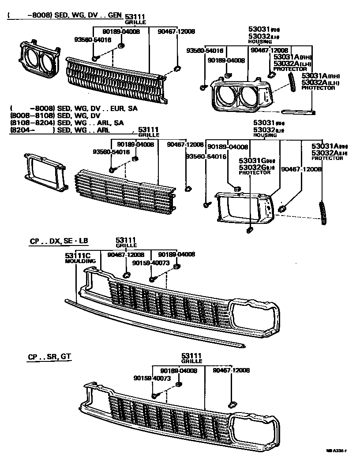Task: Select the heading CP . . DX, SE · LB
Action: [x=59, y=241]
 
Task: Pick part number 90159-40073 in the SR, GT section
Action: [x=151, y=378]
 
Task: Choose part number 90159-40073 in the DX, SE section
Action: [x=150, y=263]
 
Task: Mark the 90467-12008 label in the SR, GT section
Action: [x=231, y=371]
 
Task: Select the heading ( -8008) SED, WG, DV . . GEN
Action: [x=64, y=15]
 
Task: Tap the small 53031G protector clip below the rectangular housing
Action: [x=248, y=230]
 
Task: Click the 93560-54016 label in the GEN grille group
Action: [x=92, y=40]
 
